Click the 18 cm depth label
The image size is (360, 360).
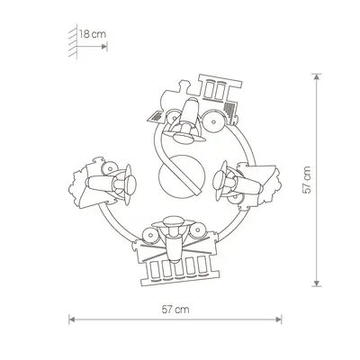pos(93,34)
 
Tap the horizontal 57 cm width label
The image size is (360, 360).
pos(175,310)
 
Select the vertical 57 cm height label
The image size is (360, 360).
pos(308,180)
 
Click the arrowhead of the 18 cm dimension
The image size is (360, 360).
pos(104,47)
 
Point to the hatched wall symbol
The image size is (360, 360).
pos(73,41)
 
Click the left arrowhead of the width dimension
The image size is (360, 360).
pos(72,319)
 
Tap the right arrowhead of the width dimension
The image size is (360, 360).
pos(279,319)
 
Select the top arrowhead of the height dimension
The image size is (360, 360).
pos(317,76)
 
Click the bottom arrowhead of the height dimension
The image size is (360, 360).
pos(317,283)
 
